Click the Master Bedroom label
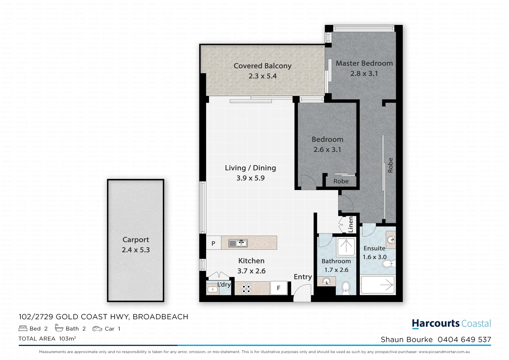click(x=364, y=63)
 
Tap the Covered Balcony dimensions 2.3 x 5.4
click(x=262, y=76)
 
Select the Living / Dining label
click(x=250, y=168)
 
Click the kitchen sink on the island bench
click(x=238, y=243)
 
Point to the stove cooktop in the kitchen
click(x=246, y=288)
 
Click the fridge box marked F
click(x=278, y=288)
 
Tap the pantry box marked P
click(x=213, y=243)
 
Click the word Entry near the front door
click(x=302, y=277)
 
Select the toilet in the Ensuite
click(x=388, y=264)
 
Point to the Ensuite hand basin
click(x=391, y=239)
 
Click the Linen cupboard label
click(x=350, y=224)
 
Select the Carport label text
click(x=136, y=240)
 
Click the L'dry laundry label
click(x=224, y=284)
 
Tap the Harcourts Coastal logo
click(x=451, y=324)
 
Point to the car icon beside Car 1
click(x=97, y=329)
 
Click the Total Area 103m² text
click(x=47, y=339)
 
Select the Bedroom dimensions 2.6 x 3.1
click(x=327, y=150)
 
